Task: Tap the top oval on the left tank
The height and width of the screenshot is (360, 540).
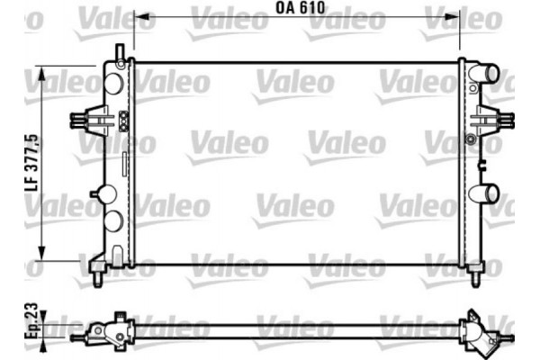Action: pyautogui.click(x=113, y=82)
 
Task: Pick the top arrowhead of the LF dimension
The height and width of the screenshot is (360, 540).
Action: pyautogui.click(x=41, y=70)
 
